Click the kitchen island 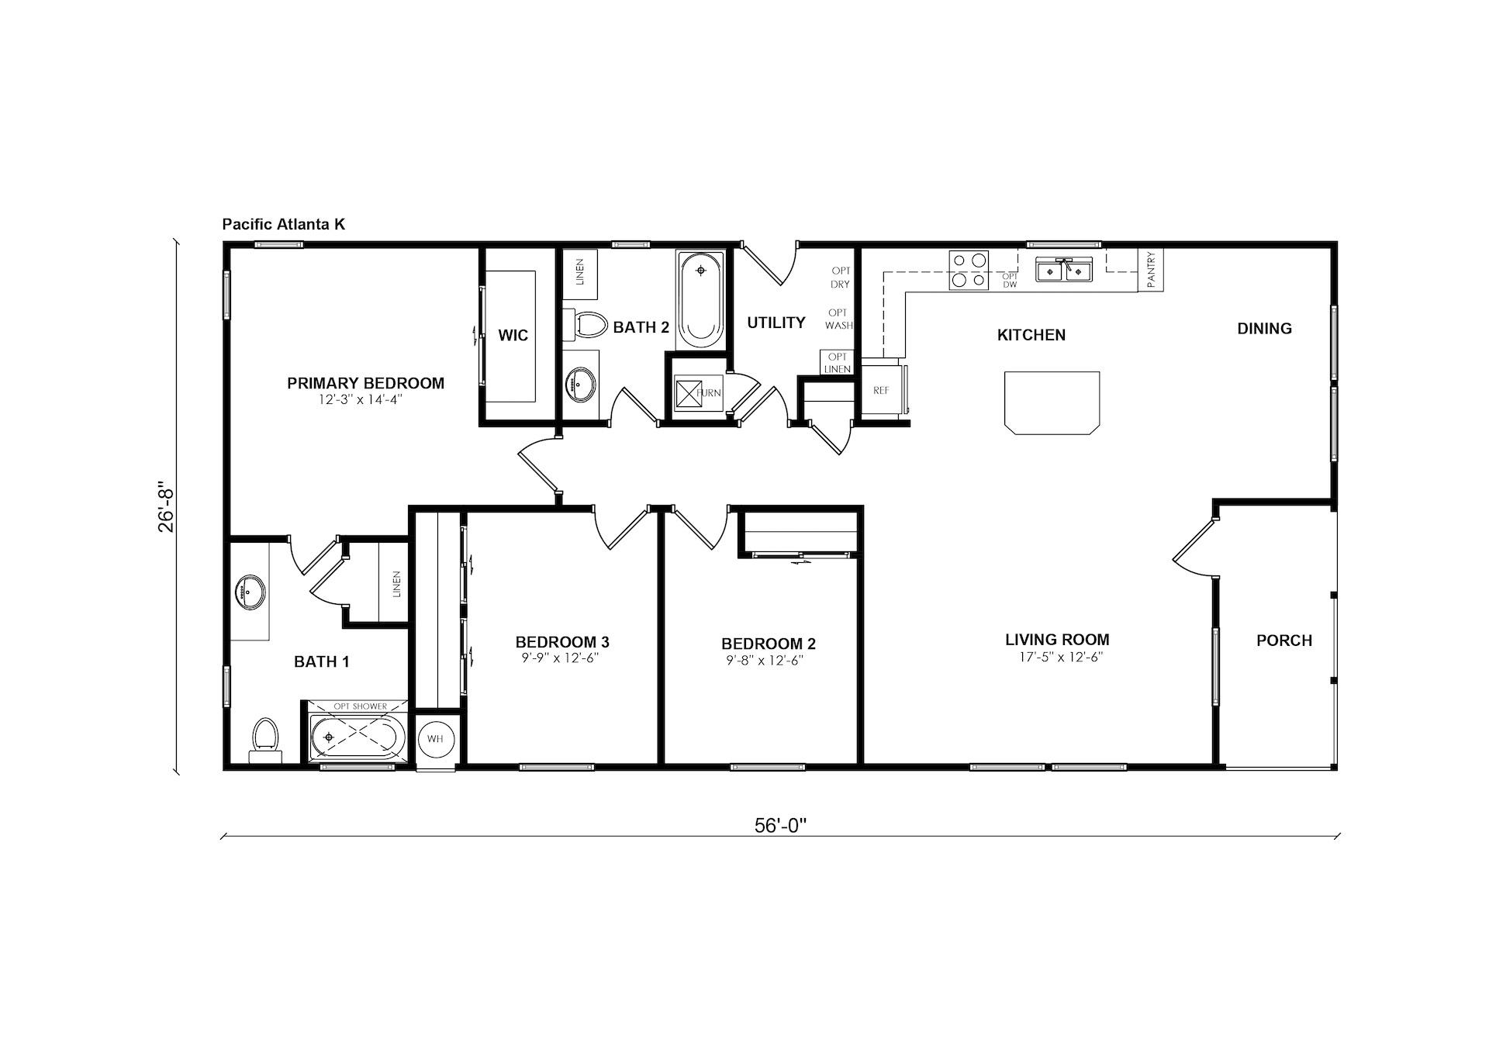(1052, 401)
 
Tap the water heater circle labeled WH (435, 739)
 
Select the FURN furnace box (688, 392)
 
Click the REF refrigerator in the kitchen (882, 391)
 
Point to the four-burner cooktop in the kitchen (969, 271)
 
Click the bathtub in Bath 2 (700, 299)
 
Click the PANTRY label (1151, 270)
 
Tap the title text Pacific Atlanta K (284, 225)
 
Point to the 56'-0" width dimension (781, 826)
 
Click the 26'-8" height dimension (167, 509)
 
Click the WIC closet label (513, 335)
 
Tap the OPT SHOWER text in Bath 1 (360, 706)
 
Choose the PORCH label (1284, 640)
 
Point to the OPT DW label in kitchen (1010, 280)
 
